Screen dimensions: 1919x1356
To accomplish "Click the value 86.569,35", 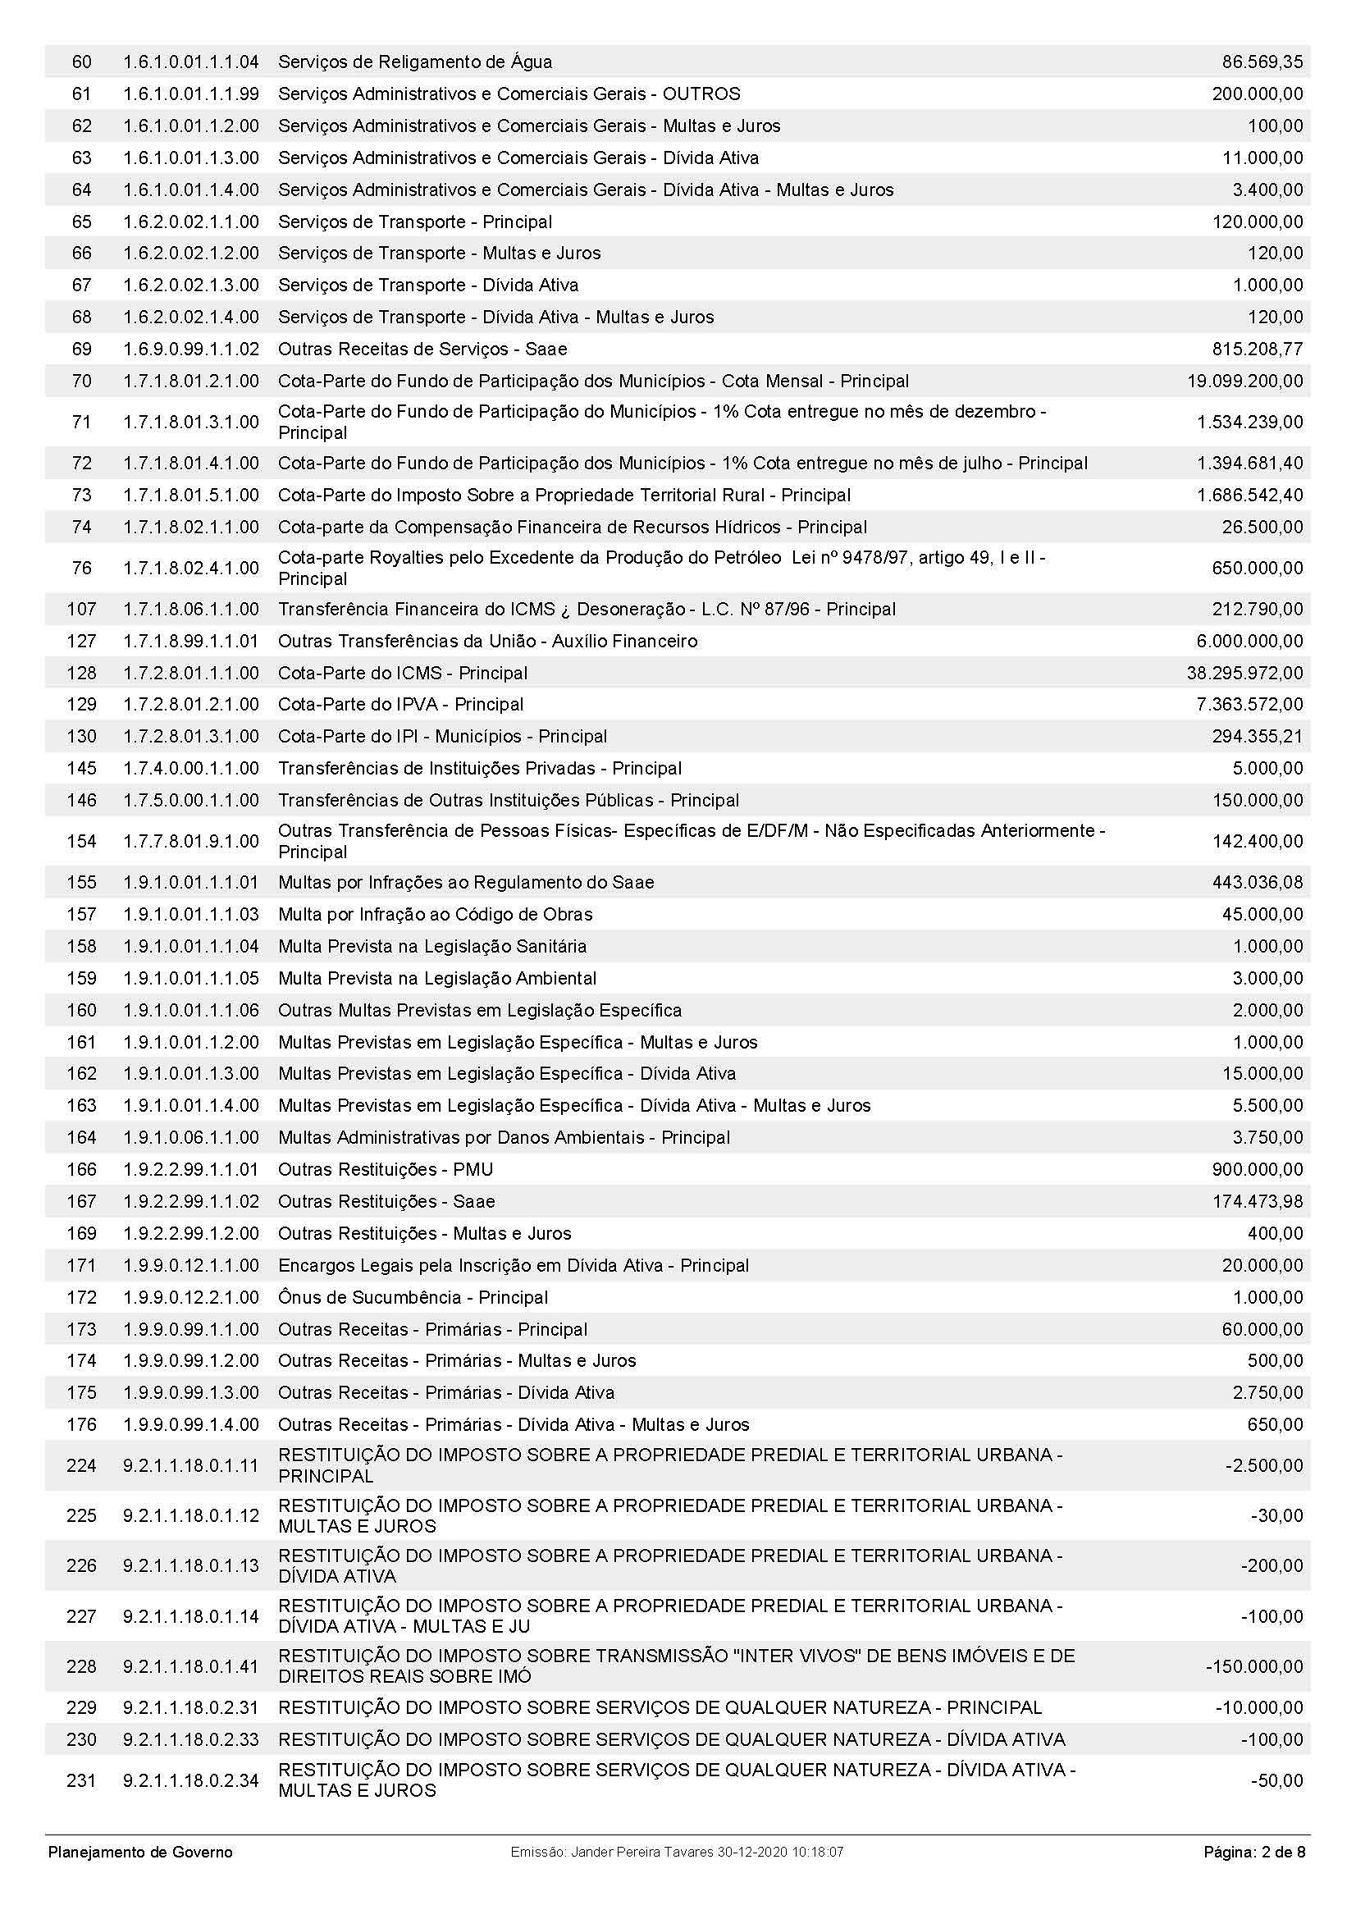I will (1262, 62).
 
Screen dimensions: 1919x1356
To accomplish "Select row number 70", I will (81, 382).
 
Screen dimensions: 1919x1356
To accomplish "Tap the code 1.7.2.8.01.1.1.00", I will (190, 673).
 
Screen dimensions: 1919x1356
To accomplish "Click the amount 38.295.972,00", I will (1244, 673).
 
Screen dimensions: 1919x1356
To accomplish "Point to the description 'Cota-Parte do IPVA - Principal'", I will (400, 705).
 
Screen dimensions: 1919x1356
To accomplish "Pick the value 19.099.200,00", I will (1244, 382).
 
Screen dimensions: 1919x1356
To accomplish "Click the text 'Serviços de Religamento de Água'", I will (414, 62).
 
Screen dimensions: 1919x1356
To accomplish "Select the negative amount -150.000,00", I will (1253, 1666).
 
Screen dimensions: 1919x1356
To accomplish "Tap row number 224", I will (81, 1465).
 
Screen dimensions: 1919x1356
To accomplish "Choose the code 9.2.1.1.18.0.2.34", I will (190, 1780).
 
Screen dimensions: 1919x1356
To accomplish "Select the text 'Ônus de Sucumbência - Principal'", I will (413, 1297).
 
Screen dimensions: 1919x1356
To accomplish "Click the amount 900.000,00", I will (1258, 1169).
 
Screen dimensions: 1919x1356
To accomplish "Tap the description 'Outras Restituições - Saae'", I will (386, 1201).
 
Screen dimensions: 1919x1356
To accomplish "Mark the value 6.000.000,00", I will (1249, 641).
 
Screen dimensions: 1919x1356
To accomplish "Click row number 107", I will (81, 610).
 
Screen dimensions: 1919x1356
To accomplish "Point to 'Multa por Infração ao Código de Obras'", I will (435, 914).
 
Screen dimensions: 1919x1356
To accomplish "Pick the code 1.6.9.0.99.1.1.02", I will (190, 350).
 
